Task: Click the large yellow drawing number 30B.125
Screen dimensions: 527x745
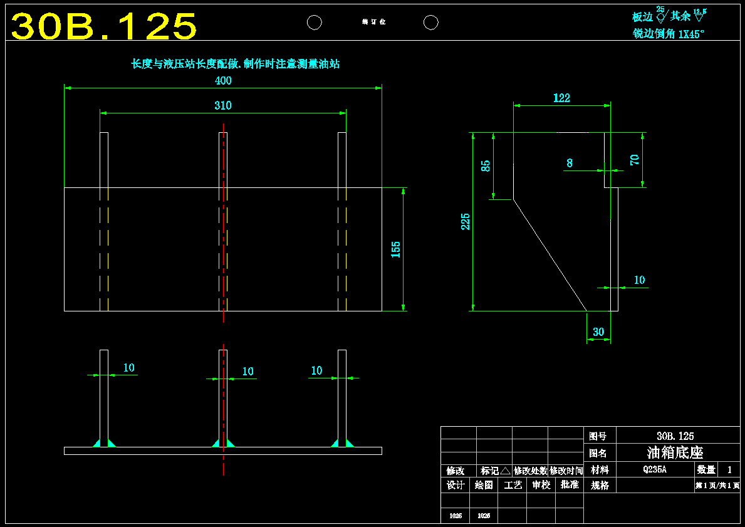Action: (x=104, y=27)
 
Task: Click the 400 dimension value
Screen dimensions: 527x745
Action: (x=223, y=81)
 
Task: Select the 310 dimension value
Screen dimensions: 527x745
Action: (x=223, y=105)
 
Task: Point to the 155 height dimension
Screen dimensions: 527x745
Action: (x=395, y=249)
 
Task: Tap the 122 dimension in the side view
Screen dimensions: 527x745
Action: (x=561, y=98)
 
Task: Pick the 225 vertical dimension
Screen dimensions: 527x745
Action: (x=466, y=221)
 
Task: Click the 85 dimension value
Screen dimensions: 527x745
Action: (x=486, y=166)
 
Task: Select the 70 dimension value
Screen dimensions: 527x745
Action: (x=635, y=159)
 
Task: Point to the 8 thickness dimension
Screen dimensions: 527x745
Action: (x=570, y=163)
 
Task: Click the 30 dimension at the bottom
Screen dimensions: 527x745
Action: (x=598, y=332)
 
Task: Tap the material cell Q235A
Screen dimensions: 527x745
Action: (x=655, y=469)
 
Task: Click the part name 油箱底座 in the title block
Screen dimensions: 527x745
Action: (x=675, y=452)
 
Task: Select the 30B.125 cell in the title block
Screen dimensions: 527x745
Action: (x=675, y=436)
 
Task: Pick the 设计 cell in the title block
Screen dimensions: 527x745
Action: (x=456, y=485)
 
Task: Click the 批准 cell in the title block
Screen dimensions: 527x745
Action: (x=570, y=485)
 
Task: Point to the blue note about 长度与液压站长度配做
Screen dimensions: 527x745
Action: (x=235, y=64)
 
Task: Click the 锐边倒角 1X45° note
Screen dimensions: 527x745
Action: (x=669, y=34)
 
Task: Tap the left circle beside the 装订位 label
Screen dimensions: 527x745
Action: (x=315, y=23)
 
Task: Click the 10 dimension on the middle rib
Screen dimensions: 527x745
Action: (x=247, y=372)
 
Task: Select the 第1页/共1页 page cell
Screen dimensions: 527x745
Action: (x=717, y=485)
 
